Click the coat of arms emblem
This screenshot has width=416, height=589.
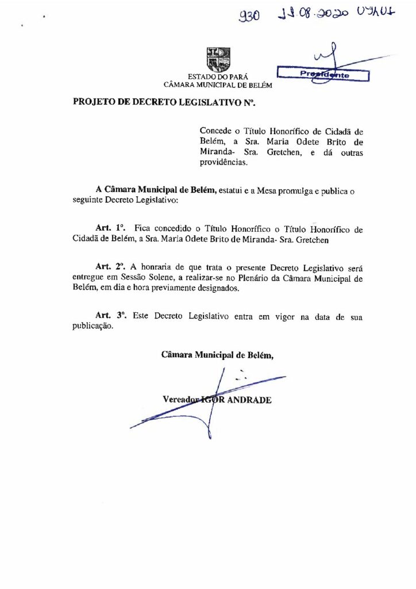coord(218,59)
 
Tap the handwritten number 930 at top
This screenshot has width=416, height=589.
coord(249,18)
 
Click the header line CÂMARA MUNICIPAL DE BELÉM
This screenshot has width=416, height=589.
coord(218,85)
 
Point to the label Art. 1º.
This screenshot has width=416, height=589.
coord(106,229)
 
